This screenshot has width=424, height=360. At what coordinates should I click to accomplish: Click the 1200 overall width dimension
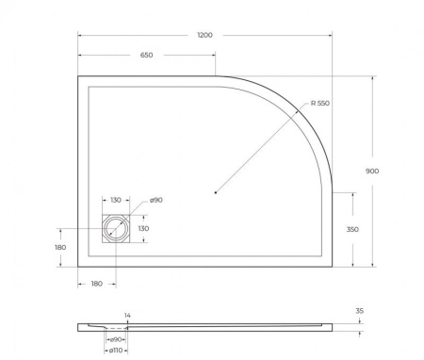pos(204,35)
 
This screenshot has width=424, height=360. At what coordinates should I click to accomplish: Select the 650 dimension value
pos(146,56)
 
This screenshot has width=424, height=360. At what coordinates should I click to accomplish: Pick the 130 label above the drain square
pos(116,201)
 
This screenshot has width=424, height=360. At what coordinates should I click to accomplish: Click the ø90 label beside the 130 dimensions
pos(156,201)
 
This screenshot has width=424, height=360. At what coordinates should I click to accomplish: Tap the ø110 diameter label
pos(116,350)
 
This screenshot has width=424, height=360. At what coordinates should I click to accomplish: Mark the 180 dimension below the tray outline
pos(97,283)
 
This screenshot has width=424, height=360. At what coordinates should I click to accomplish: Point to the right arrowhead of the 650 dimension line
pos(215,56)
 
